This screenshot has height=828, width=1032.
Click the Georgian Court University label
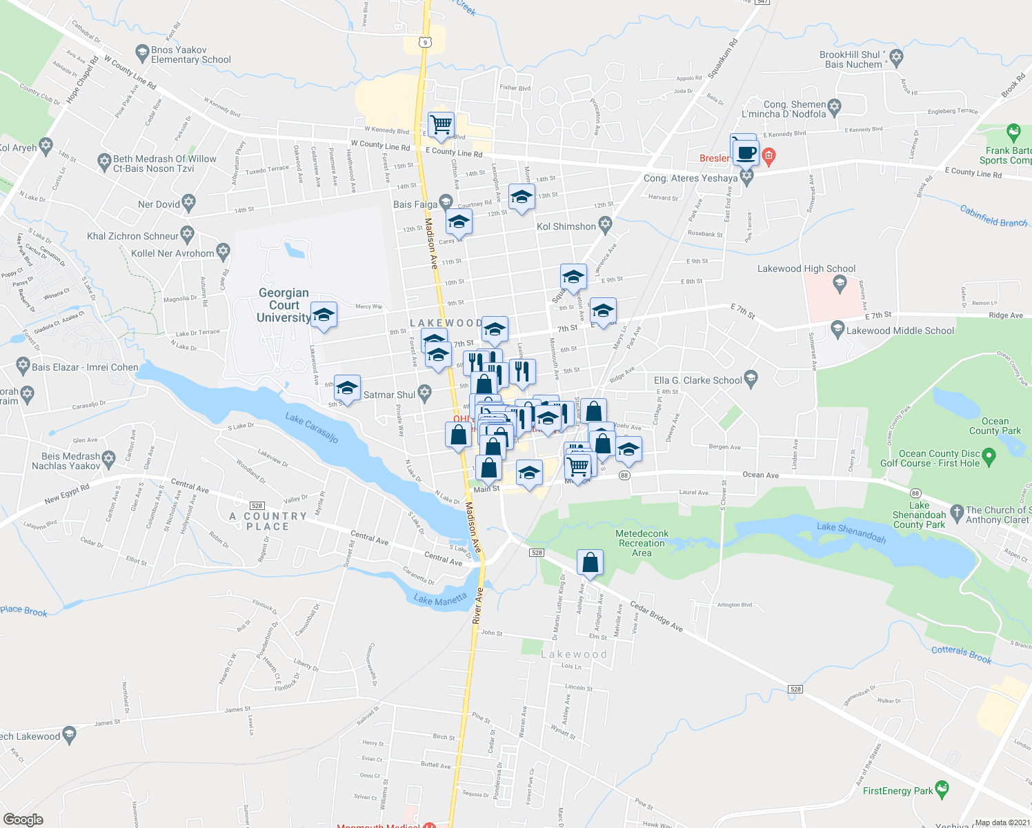point(284,305)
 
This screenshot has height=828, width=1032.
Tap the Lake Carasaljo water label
point(312,428)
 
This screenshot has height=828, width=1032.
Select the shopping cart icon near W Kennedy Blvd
point(441,126)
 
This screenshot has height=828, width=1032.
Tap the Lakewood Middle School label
point(900,331)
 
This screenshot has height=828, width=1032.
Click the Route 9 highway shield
point(425,43)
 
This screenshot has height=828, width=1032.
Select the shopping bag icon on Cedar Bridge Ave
point(590,563)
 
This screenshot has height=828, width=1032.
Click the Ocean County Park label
point(995,426)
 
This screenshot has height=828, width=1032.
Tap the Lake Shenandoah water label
point(851,532)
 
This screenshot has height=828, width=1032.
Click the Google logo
point(23,819)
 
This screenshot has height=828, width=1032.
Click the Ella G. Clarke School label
point(697,380)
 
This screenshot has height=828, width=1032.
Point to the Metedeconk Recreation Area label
point(642,543)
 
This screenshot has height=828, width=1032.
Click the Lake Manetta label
point(440,600)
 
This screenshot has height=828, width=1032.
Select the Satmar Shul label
point(389,395)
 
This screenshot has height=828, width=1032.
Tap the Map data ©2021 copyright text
point(1002,822)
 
